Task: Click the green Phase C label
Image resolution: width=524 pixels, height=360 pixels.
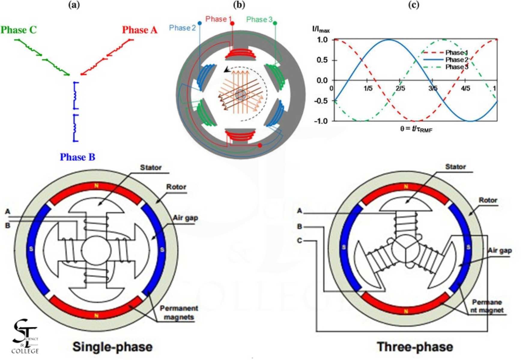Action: (x=18, y=30)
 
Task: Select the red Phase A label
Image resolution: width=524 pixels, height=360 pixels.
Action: (x=140, y=30)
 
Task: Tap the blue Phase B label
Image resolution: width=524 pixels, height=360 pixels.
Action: (x=77, y=157)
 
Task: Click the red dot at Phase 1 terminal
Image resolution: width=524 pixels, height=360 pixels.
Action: (x=232, y=23)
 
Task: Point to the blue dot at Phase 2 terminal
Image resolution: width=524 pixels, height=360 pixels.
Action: (x=200, y=23)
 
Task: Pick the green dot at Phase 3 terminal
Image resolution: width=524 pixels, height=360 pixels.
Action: (x=275, y=23)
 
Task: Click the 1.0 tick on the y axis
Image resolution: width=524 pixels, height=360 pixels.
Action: (x=322, y=40)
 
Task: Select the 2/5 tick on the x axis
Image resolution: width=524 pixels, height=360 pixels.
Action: (x=400, y=88)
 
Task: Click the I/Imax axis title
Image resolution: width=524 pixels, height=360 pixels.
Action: (x=321, y=29)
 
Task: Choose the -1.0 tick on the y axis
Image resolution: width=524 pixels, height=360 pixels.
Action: (x=321, y=121)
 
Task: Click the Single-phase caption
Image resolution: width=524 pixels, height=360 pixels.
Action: (x=113, y=347)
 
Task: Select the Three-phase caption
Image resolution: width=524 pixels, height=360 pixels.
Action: (x=415, y=347)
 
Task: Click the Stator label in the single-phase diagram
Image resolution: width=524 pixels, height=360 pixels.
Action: (x=151, y=167)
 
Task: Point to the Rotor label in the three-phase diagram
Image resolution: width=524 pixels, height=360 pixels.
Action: (x=488, y=200)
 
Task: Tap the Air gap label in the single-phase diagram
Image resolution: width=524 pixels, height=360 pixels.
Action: (x=185, y=218)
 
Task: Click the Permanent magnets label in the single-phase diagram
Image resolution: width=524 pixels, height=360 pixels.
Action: (x=179, y=313)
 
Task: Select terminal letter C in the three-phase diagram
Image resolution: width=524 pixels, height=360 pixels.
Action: (x=299, y=241)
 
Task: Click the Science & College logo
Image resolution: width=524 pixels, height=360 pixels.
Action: (x=25, y=337)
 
